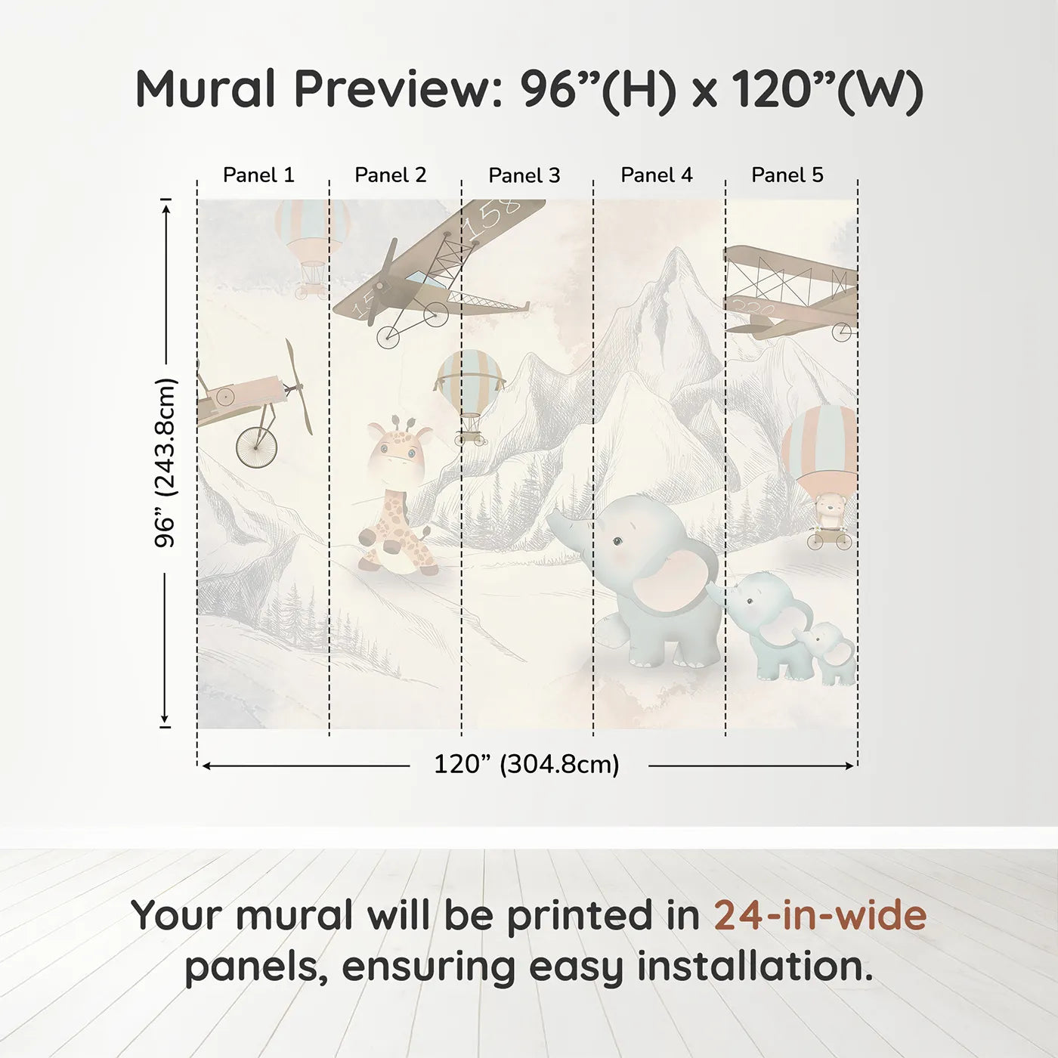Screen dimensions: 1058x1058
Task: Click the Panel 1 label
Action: (x=258, y=175)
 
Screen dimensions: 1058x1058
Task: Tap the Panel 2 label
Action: (x=390, y=175)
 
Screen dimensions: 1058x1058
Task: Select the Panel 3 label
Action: (x=524, y=175)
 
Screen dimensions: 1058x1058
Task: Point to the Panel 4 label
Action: (x=656, y=175)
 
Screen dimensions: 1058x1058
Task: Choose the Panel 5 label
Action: (x=787, y=175)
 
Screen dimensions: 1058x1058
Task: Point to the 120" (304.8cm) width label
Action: (x=526, y=765)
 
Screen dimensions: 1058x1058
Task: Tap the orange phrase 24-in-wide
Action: (x=820, y=915)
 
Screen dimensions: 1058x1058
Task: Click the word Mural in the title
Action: (x=206, y=89)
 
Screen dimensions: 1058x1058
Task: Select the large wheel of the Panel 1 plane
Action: (x=257, y=447)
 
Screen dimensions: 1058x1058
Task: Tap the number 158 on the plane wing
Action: (x=491, y=215)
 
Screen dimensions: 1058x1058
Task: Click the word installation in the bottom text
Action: (x=755, y=967)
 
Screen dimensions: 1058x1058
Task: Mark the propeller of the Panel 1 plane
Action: (x=299, y=387)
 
